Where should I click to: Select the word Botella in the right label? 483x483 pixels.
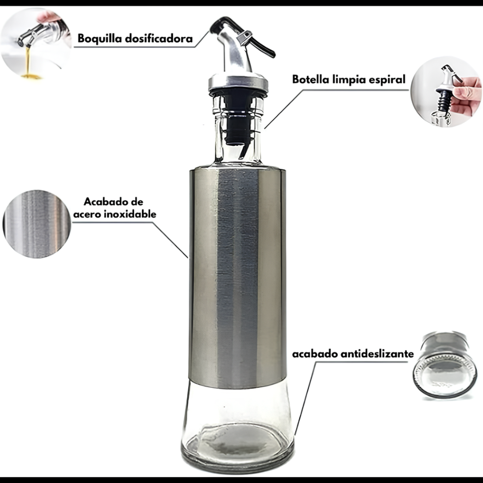point(311,79)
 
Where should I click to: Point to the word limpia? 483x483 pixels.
point(349,80)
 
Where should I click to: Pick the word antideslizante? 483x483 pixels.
point(377,354)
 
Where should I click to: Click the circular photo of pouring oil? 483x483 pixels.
point(36,43)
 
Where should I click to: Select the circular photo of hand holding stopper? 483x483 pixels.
point(446,91)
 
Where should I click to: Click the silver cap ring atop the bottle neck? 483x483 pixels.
point(238,82)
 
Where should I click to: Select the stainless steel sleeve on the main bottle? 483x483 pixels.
point(238,276)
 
